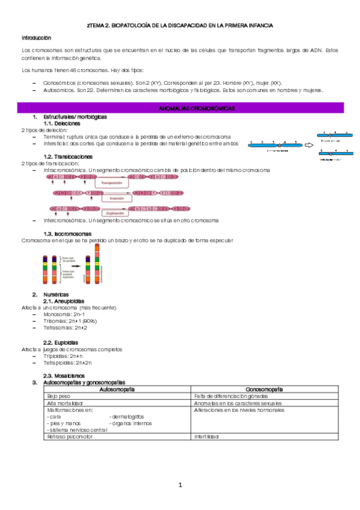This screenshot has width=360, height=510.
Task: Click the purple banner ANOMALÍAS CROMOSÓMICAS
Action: [188, 108]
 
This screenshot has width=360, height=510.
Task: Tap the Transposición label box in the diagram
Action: [115, 182]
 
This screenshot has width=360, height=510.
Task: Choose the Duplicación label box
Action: [115, 213]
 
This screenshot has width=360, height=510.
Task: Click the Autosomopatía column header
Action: [118, 390]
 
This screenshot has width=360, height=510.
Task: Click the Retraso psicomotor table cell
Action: [70, 437]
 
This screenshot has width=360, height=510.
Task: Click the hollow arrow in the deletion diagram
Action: [310, 145]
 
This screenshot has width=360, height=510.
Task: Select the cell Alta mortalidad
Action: [64, 403]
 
